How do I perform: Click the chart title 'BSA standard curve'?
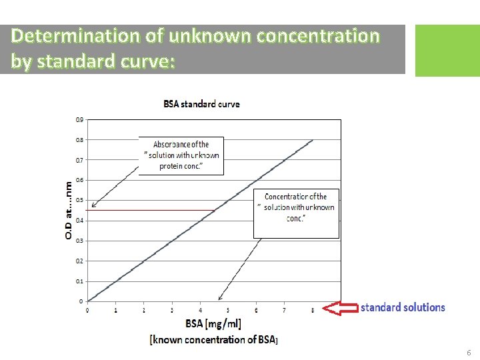pyautogui.click(x=201, y=104)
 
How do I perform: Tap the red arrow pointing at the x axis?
pyautogui.click(x=339, y=308)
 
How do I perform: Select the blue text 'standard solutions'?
pyautogui.click(x=403, y=307)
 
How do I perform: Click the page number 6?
pyautogui.click(x=469, y=353)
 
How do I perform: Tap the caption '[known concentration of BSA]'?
pyautogui.click(x=213, y=340)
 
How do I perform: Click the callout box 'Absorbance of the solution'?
pyautogui.click(x=181, y=155)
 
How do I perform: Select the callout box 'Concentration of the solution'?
pyautogui.click(x=296, y=213)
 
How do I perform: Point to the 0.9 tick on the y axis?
pyautogui.click(x=79, y=120)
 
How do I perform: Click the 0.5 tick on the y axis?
pyautogui.click(x=79, y=201)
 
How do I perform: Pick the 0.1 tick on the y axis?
pyautogui.click(x=79, y=281)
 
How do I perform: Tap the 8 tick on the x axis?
pyautogui.click(x=313, y=311)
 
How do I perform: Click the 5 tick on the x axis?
pyautogui.click(x=228, y=311)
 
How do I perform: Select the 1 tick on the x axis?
pyautogui.click(x=116, y=311)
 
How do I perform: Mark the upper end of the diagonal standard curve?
pyautogui.click(x=312, y=141)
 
